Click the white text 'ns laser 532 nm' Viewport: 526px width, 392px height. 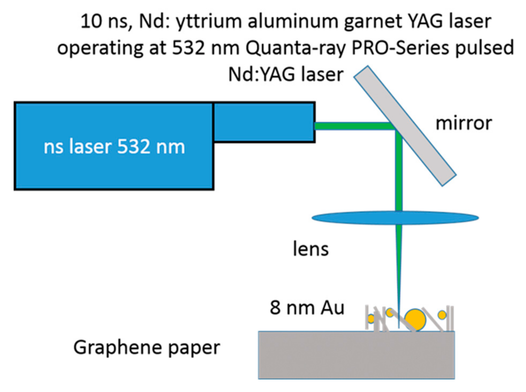[x=114, y=147]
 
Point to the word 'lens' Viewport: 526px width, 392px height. [x=311, y=249]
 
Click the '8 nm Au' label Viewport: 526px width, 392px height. [x=307, y=308]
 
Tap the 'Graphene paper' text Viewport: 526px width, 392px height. [x=147, y=348]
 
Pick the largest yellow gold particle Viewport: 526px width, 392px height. [x=415, y=320]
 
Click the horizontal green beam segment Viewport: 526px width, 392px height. [x=353, y=126]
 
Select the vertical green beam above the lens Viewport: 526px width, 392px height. [x=399, y=171]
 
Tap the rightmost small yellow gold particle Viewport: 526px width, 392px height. [x=442, y=315]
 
